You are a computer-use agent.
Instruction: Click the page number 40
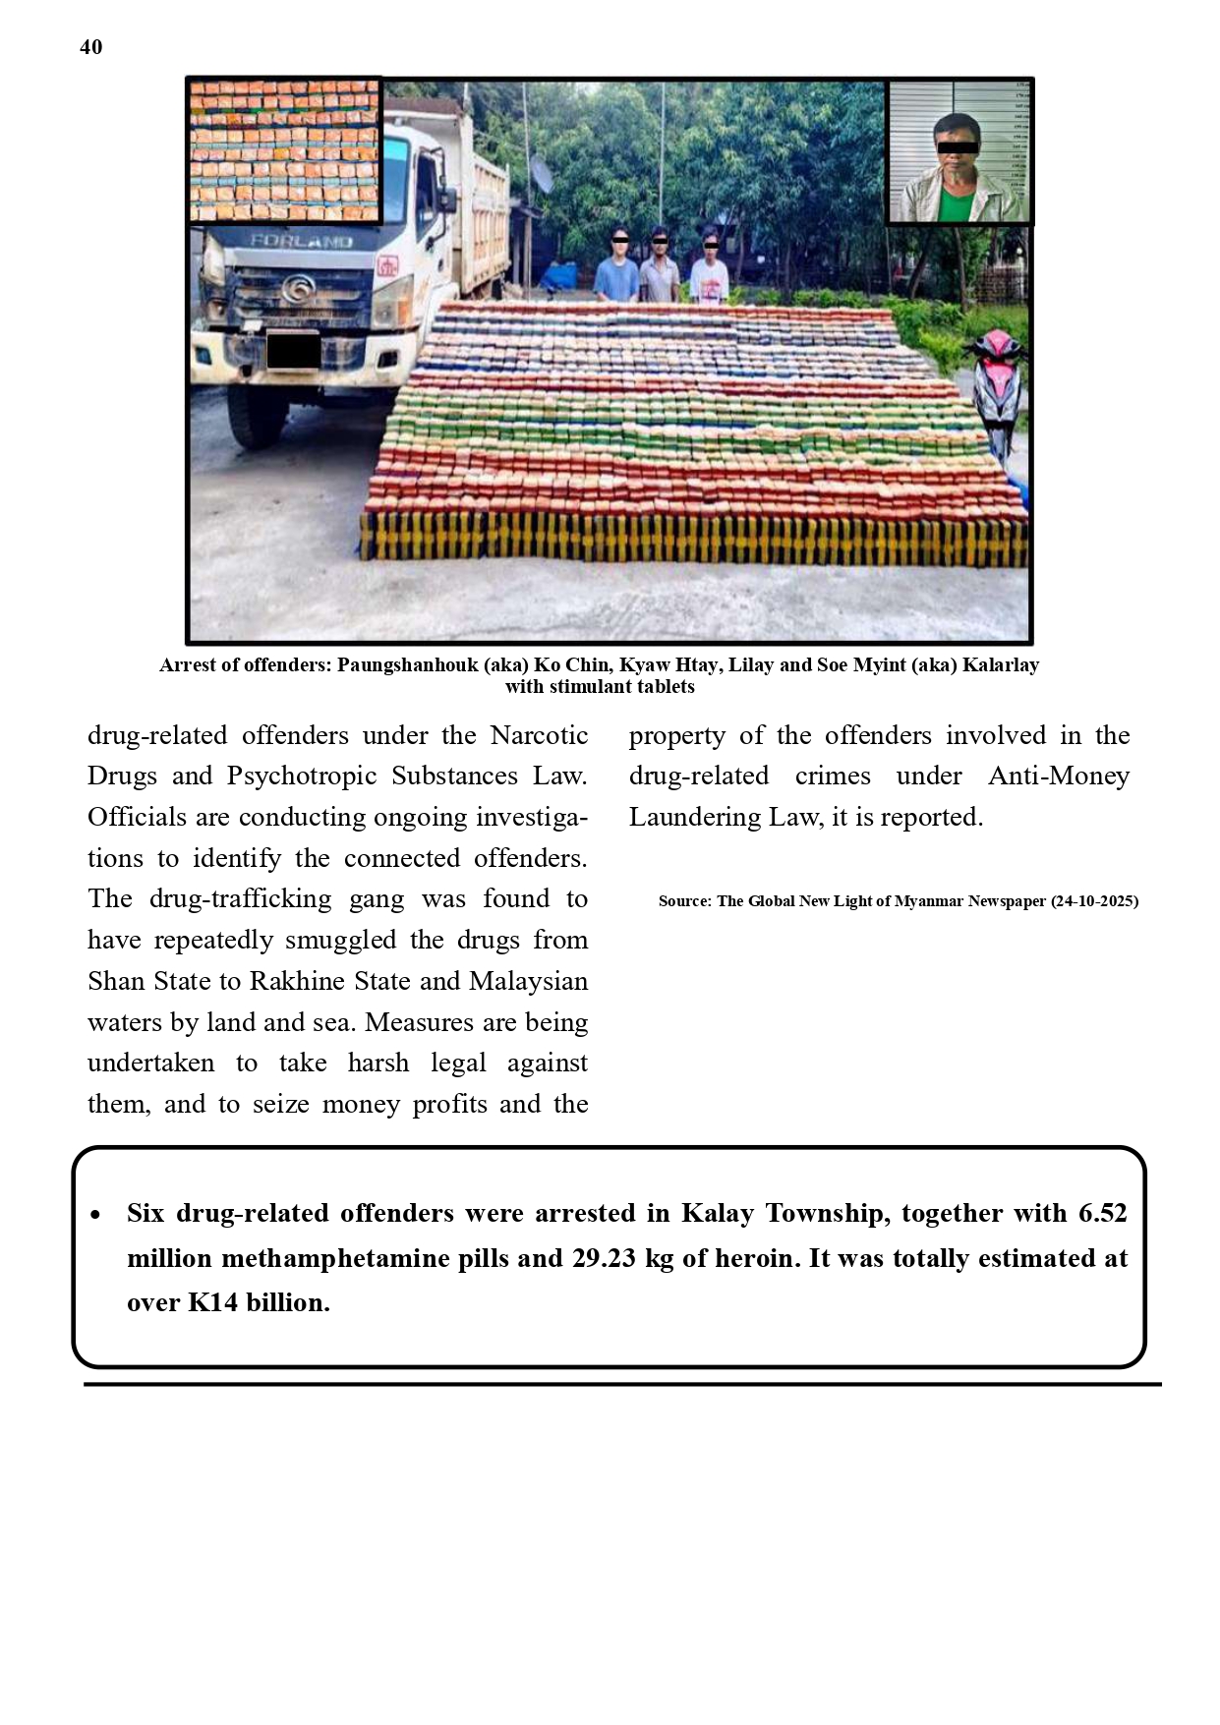tap(90, 47)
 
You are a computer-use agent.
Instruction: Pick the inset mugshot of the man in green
tap(959, 153)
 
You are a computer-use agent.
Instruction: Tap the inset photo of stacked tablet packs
tap(284, 151)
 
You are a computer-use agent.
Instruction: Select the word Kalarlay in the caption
tap(1000, 665)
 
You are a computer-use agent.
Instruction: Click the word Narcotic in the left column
tap(539, 736)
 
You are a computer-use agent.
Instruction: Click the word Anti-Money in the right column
tap(1058, 776)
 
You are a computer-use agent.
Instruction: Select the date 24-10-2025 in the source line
tap(1094, 901)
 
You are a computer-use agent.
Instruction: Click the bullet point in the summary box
tap(95, 1216)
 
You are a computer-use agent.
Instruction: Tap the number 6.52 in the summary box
tap(1102, 1214)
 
